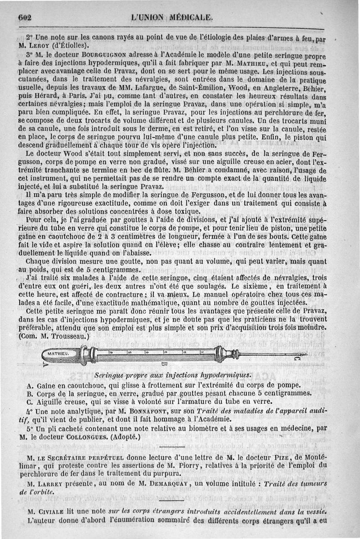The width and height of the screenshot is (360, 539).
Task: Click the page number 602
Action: pos(27,17)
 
